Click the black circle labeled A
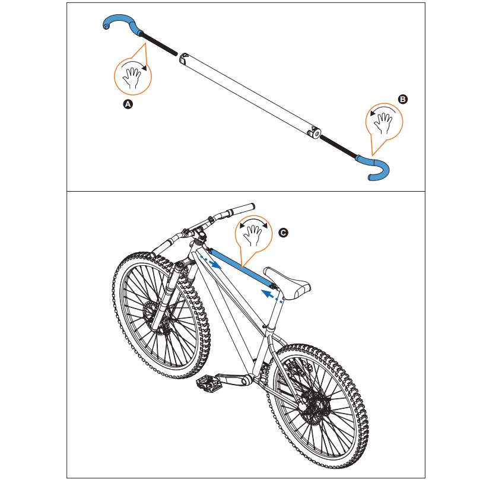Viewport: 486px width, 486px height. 128,104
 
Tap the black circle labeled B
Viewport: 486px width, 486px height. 402,99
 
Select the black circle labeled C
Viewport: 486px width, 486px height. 283,233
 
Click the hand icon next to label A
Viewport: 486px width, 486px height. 132,78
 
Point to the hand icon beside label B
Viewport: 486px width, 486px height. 383,123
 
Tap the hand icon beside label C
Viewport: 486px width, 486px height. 253,236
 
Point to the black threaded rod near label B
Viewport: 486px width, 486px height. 338,147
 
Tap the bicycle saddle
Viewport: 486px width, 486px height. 287,282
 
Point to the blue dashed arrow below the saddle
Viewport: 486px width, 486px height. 272,296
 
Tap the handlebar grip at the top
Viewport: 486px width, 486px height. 242,209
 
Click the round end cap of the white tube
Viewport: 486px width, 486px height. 316,134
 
